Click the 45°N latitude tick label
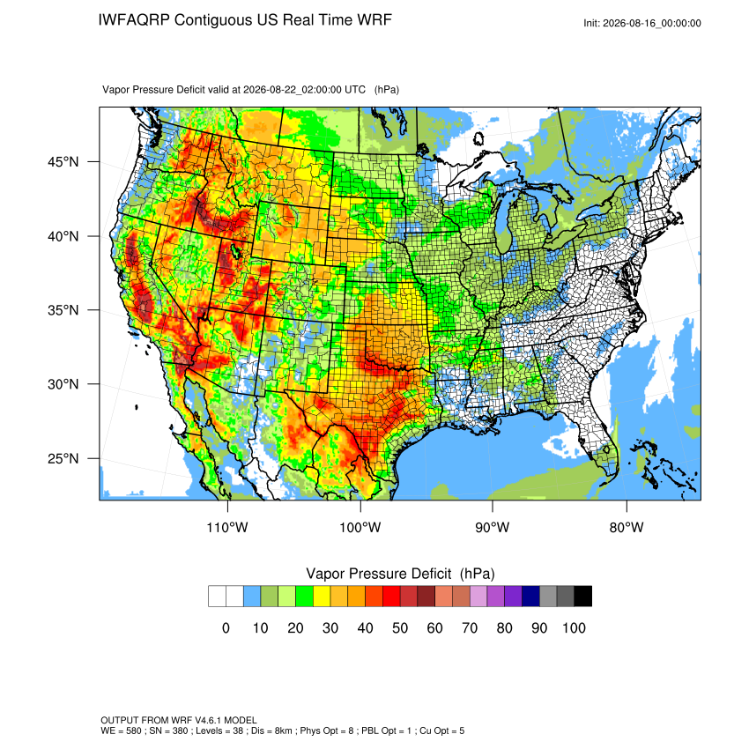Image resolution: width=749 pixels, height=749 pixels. pyautogui.click(x=63, y=162)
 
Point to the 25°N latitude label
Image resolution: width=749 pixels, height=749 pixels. pyautogui.click(x=63, y=458)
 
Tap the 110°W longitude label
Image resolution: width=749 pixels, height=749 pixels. pyautogui.click(x=227, y=527)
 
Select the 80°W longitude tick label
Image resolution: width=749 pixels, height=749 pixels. pyautogui.click(x=627, y=527)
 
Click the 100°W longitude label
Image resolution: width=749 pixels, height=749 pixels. pyautogui.click(x=360, y=527)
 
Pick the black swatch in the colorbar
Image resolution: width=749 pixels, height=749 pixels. pyautogui.click(x=582, y=597)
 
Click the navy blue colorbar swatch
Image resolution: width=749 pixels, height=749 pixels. pyautogui.click(x=530, y=597)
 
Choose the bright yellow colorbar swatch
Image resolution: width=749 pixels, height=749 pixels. pyautogui.click(x=322, y=597)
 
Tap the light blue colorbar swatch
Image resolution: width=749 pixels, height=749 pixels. pyautogui.click(x=252, y=597)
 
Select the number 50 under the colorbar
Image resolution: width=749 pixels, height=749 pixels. pyautogui.click(x=400, y=627)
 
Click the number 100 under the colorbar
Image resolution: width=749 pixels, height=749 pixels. pyautogui.click(x=574, y=627)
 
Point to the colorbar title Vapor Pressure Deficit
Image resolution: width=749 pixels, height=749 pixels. pyautogui.click(x=378, y=574)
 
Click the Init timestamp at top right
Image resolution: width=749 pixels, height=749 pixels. pyautogui.click(x=642, y=23)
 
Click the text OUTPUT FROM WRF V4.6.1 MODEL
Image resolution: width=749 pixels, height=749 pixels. pyautogui.click(x=179, y=720)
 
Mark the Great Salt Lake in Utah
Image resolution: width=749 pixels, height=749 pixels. pyautogui.click(x=235, y=251)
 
